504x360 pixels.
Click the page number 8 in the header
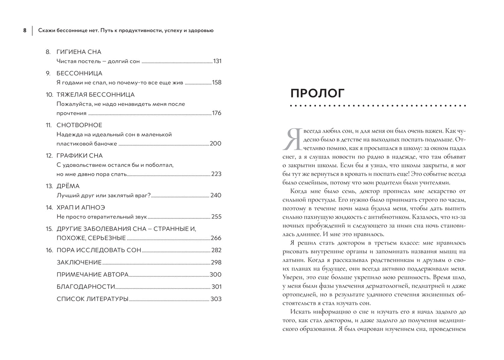point(25,30)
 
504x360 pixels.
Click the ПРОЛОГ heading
point(317,93)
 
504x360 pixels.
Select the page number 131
point(217,61)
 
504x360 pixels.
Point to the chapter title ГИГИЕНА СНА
point(79,52)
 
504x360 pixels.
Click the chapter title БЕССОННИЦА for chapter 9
point(79,73)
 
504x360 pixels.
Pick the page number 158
point(217,83)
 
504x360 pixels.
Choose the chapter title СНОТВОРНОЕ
point(79,125)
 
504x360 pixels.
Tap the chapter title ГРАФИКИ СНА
point(80,155)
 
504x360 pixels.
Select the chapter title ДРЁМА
point(68,186)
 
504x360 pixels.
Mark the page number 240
point(216,196)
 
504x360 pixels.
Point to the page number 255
point(216,217)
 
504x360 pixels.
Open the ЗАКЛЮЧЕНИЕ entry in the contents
point(79,262)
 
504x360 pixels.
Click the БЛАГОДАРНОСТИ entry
point(86,287)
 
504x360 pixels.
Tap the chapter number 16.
point(49,250)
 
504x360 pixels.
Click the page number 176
point(217,113)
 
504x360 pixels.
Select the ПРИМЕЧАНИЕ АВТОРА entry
point(92,275)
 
